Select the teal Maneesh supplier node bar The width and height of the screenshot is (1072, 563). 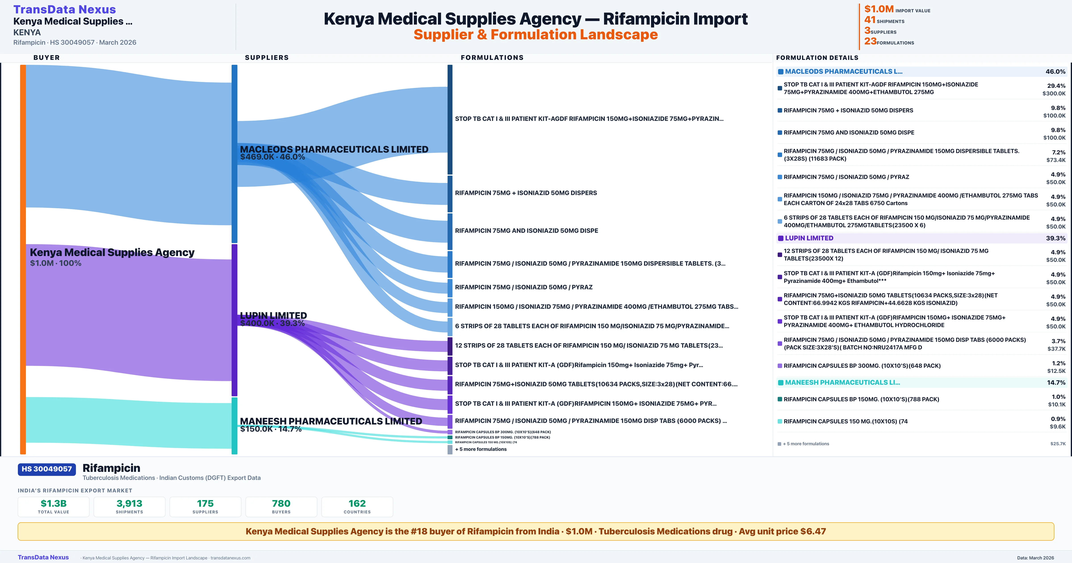click(x=234, y=426)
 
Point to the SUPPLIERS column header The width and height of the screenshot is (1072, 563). click(x=267, y=57)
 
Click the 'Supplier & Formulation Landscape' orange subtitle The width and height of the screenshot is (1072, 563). click(x=536, y=35)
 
